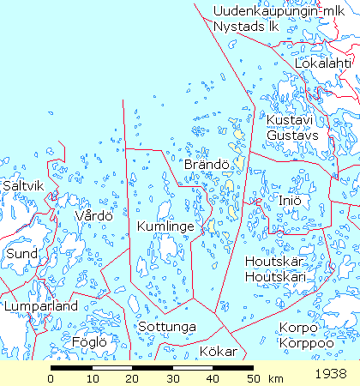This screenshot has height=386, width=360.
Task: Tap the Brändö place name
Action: [x=207, y=163]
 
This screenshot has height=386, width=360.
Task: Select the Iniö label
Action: [x=289, y=201]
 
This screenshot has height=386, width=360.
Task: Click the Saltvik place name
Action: [x=23, y=184]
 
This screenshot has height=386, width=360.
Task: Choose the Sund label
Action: [x=21, y=254]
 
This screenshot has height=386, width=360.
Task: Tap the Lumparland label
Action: [x=40, y=305]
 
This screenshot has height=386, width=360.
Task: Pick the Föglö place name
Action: [x=90, y=341]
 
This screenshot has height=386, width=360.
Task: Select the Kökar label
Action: [x=217, y=351]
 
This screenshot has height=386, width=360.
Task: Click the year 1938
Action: [x=330, y=374]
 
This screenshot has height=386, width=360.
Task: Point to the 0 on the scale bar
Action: [x=51, y=378]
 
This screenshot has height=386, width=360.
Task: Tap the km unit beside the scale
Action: [x=276, y=378]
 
